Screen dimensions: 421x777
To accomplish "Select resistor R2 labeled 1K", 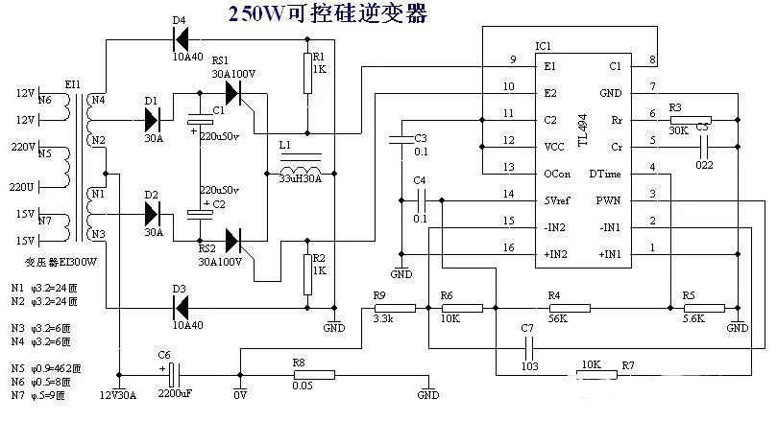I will [306, 273].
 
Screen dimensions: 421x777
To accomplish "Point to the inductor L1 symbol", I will [300, 160].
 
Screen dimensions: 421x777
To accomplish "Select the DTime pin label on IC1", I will [605, 174].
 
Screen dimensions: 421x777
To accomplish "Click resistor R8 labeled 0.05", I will [312, 375].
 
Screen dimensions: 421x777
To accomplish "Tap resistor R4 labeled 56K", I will [554, 308].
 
